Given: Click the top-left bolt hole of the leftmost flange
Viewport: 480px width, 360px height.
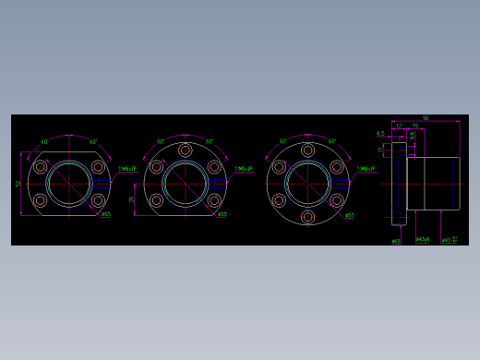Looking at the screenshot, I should tap(40, 168).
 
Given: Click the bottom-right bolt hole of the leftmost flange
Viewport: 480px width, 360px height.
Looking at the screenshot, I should tap(98, 199).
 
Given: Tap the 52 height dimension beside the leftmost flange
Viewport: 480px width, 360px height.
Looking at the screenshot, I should tap(18, 184).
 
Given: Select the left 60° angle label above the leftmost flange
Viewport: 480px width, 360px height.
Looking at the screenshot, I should tap(44, 142).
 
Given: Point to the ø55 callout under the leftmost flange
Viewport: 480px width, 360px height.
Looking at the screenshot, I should tap(106, 215).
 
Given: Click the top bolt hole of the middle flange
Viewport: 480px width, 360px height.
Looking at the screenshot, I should tap(186, 150).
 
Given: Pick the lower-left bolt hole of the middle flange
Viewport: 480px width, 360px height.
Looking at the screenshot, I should tap(156, 200).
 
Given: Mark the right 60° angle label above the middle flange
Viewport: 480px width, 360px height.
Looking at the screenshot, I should tap(210, 142).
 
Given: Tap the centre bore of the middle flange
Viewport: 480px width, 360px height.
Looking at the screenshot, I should tap(186, 184).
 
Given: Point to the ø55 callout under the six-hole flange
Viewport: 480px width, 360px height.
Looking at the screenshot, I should tap(349, 216).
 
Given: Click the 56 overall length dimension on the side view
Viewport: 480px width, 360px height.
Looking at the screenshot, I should tap(425, 118).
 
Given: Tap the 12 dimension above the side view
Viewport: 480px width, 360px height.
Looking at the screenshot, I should tap(399, 126).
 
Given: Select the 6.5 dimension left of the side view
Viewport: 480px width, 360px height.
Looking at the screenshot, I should tap(380, 134).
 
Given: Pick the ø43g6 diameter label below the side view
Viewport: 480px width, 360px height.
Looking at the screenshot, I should tap(423, 240).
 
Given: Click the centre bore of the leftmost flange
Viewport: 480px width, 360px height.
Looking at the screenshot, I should tap(69, 184).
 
